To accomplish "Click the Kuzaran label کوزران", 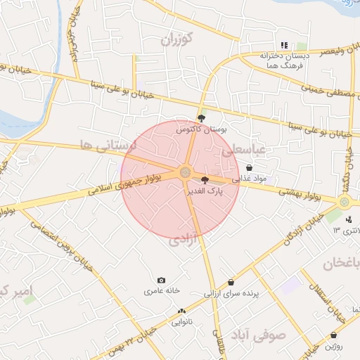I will click(176, 39).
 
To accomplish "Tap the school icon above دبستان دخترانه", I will click(284, 44).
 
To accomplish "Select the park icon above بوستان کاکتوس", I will click(201, 118).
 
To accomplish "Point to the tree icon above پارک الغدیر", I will click(205, 181).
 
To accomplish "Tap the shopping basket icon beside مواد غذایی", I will click(250, 167).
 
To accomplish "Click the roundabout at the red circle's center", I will click(185, 172).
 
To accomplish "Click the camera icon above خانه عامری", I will click(162, 280).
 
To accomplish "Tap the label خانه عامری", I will click(162, 290).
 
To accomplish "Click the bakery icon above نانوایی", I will click(182, 311).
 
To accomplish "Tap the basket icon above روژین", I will click(333, 335).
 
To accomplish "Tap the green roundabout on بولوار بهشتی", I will click(345, 202).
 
